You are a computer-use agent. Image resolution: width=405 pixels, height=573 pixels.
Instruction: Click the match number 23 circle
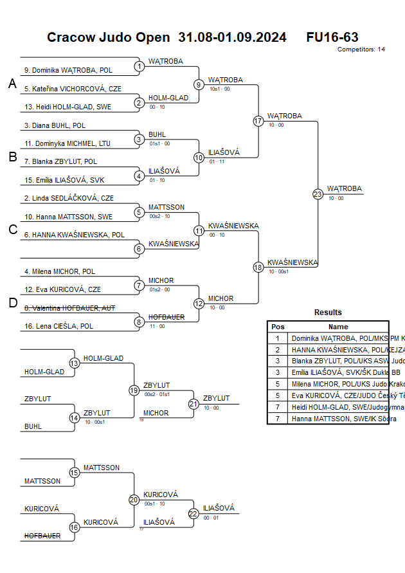click(x=318, y=194)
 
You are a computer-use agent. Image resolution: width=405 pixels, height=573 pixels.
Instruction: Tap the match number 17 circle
click(x=258, y=121)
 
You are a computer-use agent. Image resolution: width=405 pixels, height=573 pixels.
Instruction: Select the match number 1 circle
click(x=139, y=66)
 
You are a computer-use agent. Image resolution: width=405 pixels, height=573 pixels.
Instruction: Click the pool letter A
click(x=12, y=84)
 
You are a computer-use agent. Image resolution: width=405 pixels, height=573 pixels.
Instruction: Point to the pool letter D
click(x=12, y=304)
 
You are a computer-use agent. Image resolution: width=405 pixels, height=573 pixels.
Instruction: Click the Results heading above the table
click(x=328, y=313)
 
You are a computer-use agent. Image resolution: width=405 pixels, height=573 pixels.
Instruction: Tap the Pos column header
click(x=278, y=327)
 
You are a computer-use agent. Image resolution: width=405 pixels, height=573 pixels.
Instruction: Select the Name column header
click(x=338, y=327)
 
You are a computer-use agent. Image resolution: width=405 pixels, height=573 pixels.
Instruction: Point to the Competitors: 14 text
click(x=361, y=50)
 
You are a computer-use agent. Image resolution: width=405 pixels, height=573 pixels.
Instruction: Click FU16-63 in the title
click(x=332, y=37)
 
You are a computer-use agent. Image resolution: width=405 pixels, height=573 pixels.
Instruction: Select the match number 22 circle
click(x=194, y=513)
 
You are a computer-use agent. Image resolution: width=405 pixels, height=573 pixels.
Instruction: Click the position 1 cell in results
click(x=278, y=338)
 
